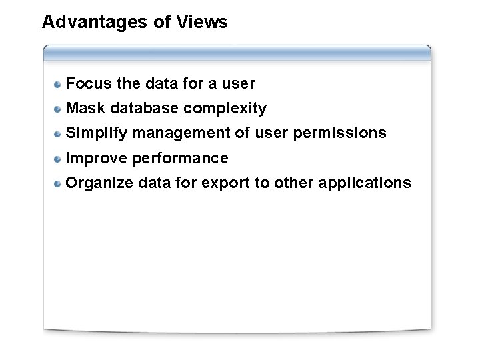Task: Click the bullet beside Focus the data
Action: [x=59, y=84]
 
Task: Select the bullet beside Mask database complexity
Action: [x=59, y=109]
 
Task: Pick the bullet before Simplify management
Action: [x=59, y=133]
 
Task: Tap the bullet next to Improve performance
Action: [x=59, y=159]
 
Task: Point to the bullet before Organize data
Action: [x=59, y=183]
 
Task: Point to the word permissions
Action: [x=343, y=133]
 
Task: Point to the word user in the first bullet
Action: [x=238, y=84]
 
